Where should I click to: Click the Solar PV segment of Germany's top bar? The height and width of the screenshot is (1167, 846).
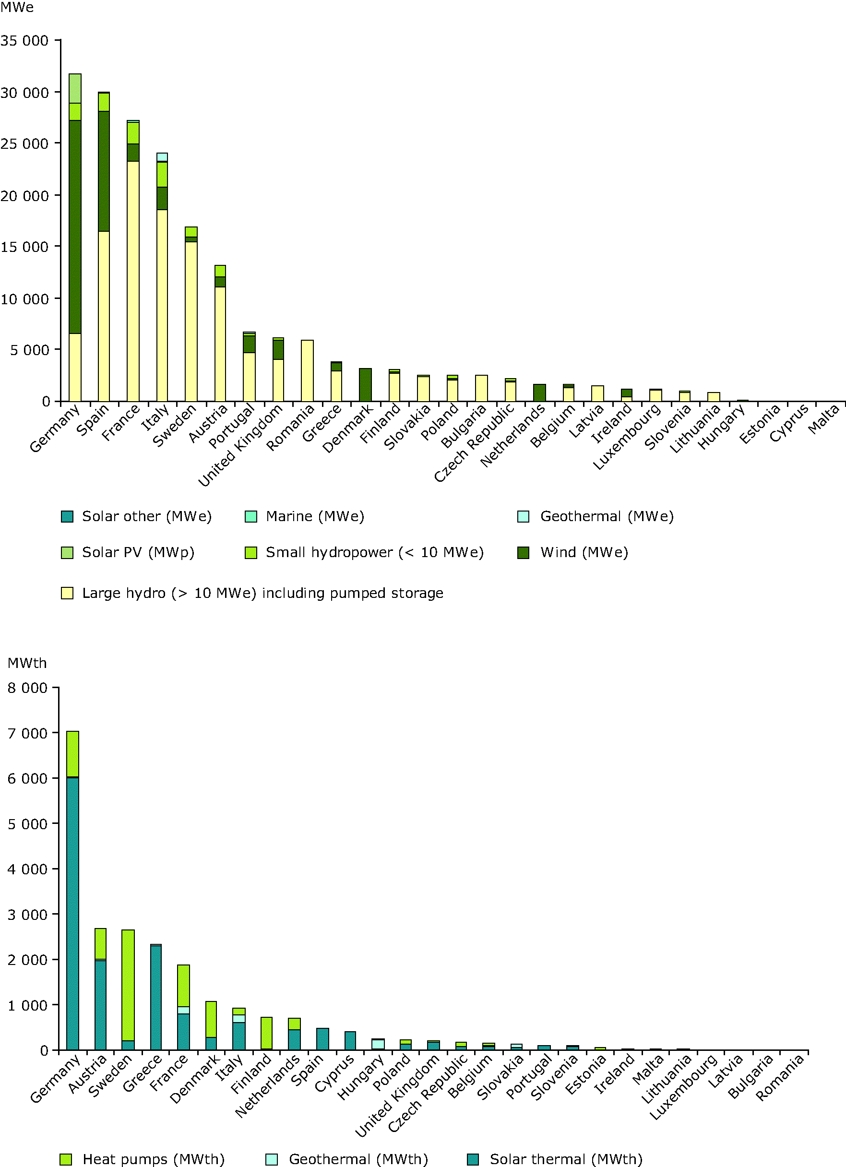(75, 88)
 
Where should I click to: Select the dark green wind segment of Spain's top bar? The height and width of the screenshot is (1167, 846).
(104, 171)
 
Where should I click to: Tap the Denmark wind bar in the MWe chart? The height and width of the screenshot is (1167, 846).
(365, 385)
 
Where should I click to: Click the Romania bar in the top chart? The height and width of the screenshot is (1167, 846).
(307, 370)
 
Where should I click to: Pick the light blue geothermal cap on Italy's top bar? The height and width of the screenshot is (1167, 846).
(162, 157)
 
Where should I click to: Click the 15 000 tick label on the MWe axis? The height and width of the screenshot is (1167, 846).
(24, 247)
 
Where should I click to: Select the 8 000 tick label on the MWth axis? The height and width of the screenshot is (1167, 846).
(27, 688)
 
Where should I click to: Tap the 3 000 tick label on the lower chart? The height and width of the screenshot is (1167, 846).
(27, 914)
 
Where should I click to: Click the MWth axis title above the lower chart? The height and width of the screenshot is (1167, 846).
(27, 663)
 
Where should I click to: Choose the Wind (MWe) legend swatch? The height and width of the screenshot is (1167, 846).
(524, 553)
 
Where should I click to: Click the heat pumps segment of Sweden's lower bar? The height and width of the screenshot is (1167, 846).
(128, 985)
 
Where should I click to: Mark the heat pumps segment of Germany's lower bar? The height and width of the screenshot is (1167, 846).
(72, 753)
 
